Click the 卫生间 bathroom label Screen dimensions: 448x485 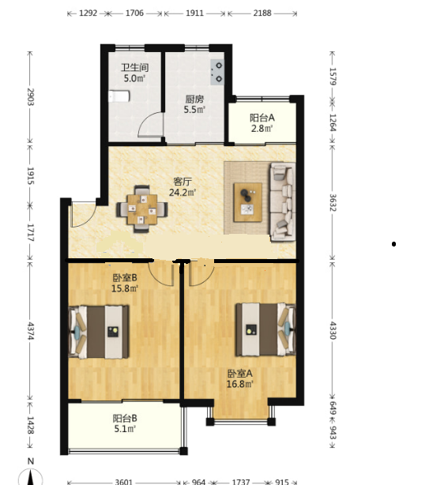click(134, 67)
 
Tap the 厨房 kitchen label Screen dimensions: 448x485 click(194, 100)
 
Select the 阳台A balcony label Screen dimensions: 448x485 click(262, 118)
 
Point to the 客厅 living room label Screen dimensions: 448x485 click(183, 181)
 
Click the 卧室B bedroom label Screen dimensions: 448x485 click(125, 278)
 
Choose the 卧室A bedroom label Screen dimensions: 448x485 click(240, 374)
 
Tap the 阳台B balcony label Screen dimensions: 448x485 click(125, 419)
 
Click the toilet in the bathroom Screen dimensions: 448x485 click(119, 96)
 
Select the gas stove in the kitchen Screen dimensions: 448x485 click(217, 72)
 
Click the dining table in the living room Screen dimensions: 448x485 click(142, 209)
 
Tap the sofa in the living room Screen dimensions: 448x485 click(283, 201)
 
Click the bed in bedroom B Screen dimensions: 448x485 click(99, 332)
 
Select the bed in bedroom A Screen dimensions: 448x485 click(265, 329)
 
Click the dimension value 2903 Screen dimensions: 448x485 click(30, 97)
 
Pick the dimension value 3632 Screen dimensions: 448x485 click(333, 202)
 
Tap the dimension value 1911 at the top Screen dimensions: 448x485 click(194, 13)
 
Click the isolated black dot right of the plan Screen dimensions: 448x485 click(393, 244)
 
